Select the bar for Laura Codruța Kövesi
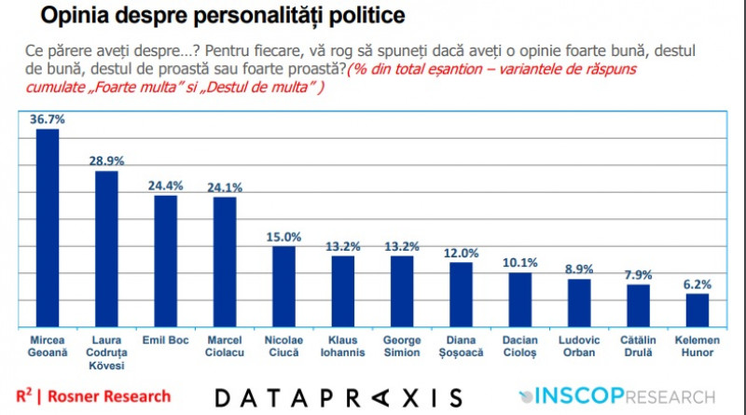click(x=105, y=248)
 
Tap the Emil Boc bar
click(x=165, y=260)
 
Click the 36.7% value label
click(x=47, y=119)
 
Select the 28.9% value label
click(x=105, y=161)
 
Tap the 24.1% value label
click(x=224, y=187)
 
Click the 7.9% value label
click(x=638, y=275)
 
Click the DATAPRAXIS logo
click(x=338, y=397)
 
